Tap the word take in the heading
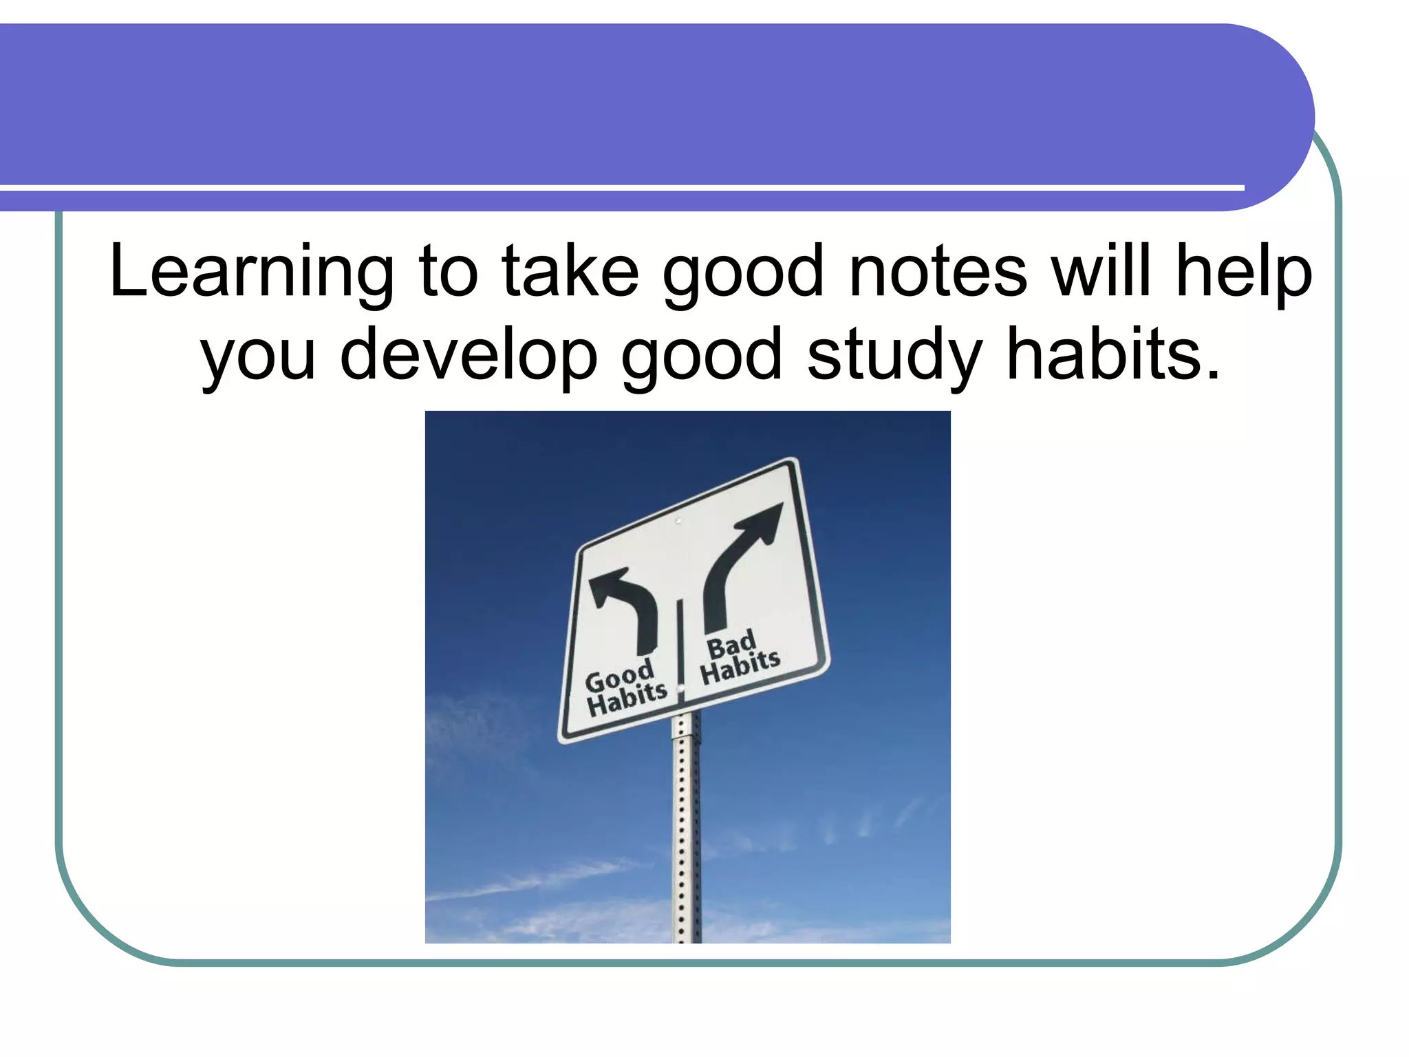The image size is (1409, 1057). [570, 273]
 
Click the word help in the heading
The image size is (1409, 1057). [1244, 273]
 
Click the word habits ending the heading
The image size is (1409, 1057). [1112, 355]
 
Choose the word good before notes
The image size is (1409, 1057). [743, 274]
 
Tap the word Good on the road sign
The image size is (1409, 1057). [619, 677]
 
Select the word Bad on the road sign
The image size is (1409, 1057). [731, 644]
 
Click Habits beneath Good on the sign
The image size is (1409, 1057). [627, 699]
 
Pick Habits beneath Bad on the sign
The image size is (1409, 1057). [740, 667]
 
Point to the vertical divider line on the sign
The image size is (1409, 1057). [680, 647]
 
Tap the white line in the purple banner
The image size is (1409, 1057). [619, 187]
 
